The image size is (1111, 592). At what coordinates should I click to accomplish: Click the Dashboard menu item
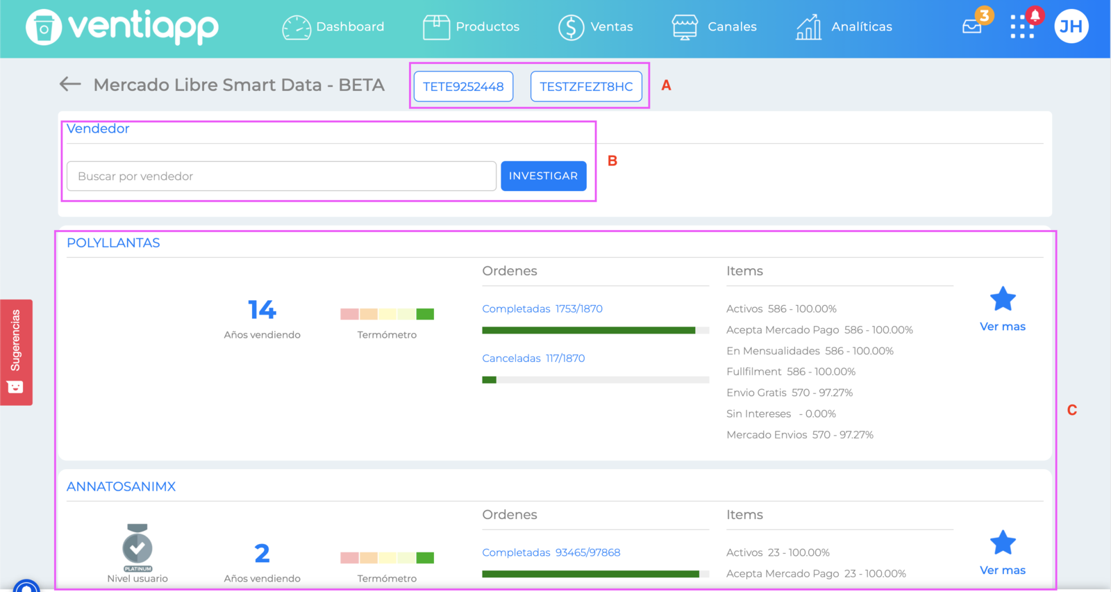333,27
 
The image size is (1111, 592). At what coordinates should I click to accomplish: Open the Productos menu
471,27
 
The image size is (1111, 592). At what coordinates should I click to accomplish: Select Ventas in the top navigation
596,27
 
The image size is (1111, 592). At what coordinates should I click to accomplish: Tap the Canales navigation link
715,27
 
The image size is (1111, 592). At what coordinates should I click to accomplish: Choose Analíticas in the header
844,27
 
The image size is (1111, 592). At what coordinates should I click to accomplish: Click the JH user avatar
1071,26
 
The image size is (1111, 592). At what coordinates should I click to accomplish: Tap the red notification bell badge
1035,16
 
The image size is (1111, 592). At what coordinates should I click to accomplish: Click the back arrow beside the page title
70,84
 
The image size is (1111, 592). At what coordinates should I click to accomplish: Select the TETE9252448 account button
463,86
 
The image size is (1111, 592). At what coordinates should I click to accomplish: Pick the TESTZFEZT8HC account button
586,86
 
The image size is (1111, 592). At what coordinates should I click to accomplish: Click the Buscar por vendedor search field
281,176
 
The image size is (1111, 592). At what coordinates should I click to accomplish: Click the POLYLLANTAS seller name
114,242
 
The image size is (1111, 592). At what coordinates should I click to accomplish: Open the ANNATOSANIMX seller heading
121,486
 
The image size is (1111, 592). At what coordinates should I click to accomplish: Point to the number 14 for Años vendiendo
262,310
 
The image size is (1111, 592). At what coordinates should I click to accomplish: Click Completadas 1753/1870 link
542,309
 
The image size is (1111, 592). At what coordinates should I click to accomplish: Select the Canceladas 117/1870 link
533,359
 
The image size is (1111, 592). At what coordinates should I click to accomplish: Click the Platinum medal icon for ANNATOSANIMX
137,548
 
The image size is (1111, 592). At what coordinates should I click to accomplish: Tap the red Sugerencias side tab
17,352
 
